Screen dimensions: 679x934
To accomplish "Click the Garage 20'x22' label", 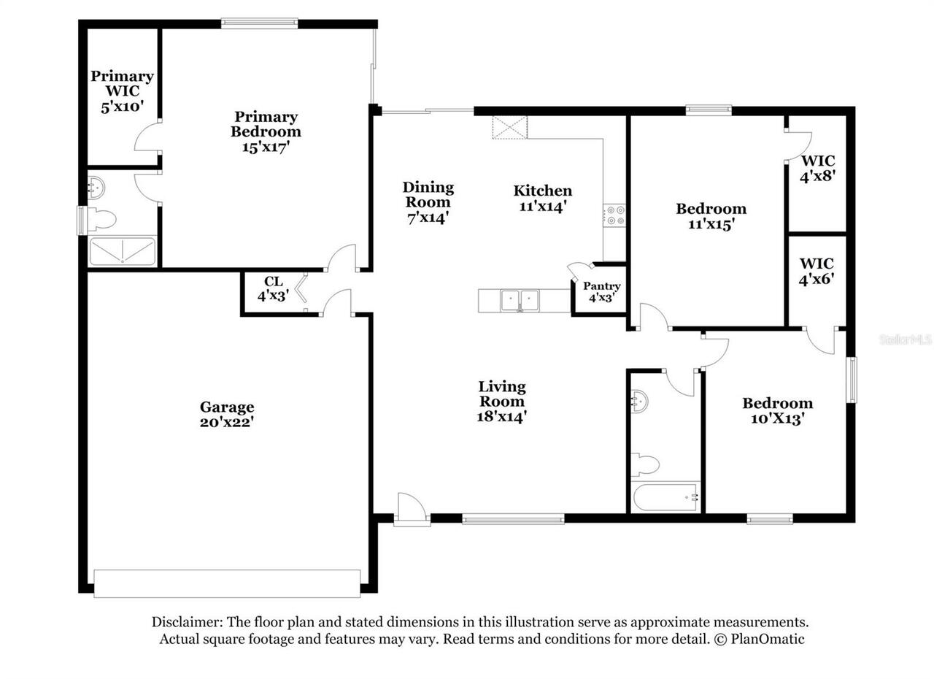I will (227, 414).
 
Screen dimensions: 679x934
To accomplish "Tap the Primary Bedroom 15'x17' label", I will (266, 131).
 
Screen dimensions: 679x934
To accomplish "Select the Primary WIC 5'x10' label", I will (122, 91).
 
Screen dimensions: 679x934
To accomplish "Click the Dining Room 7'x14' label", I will (428, 202).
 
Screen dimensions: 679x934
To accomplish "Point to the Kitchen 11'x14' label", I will (542, 199).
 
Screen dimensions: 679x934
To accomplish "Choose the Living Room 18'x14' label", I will (502, 402).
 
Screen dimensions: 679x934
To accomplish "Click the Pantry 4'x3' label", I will (601, 292).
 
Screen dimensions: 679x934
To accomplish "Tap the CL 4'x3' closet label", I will (273, 289).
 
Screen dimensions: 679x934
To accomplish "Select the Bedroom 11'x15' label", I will (711, 216).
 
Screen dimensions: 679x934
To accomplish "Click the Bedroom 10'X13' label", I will (777, 410).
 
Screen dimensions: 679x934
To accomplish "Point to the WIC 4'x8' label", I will (818, 168).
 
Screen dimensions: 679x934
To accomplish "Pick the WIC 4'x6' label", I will (817, 270).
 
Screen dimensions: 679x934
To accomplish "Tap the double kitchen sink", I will (520, 299).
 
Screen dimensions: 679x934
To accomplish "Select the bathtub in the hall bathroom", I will (665, 498).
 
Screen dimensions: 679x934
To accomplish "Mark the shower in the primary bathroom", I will (122, 251).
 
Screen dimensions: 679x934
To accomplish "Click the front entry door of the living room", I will (412, 510).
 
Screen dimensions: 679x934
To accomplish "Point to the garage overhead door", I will (227, 583).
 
